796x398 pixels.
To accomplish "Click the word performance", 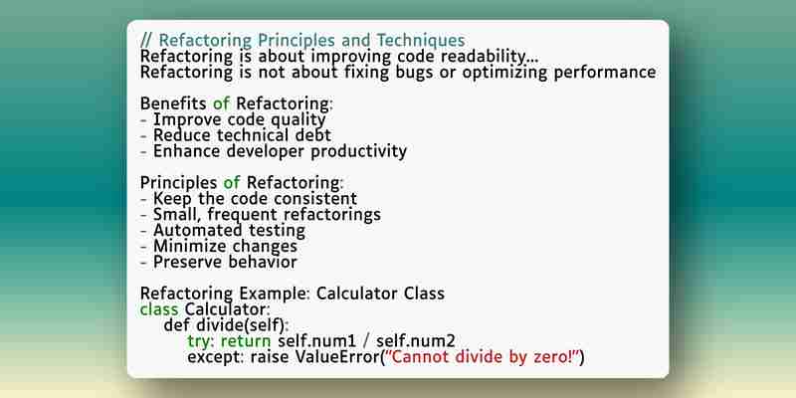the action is (x=604, y=73).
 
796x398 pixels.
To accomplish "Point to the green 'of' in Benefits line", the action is (x=221, y=103).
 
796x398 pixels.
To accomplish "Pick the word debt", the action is (x=313, y=135).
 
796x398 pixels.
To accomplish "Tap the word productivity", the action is (x=359, y=151).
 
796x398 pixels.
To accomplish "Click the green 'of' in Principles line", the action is (x=232, y=182).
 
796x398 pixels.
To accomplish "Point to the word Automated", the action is (x=196, y=230).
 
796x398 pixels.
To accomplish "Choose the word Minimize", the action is (x=189, y=246).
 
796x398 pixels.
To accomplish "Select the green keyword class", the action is (x=159, y=309).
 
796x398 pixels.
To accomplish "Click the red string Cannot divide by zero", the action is (x=483, y=357).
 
